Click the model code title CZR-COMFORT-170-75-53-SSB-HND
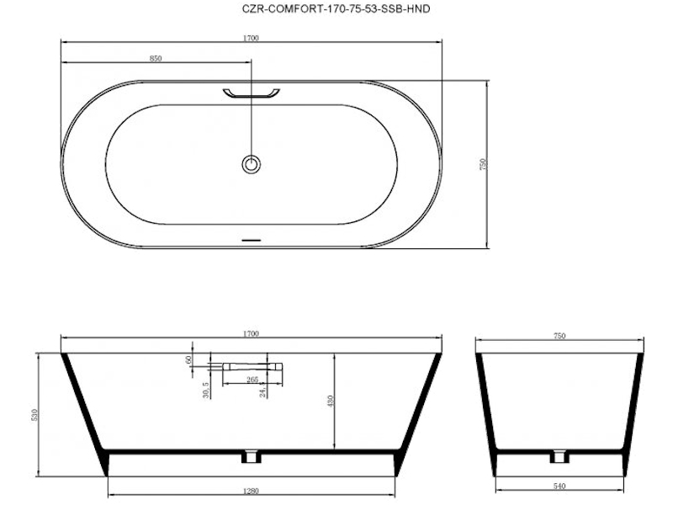click(x=336, y=8)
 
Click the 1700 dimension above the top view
click(x=251, y=38)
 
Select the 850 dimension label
click(x=156, y=58)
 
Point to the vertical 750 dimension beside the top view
click(x=483, y=164)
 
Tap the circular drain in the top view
click(x=252, y=163)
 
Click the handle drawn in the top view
click(x=251, y=93)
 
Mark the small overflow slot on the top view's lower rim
click(x=252, y=240)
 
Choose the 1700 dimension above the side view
click(x=251, y=333)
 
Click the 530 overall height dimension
click(x=34, y=415)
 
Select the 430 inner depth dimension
click(x=331, y=401)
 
